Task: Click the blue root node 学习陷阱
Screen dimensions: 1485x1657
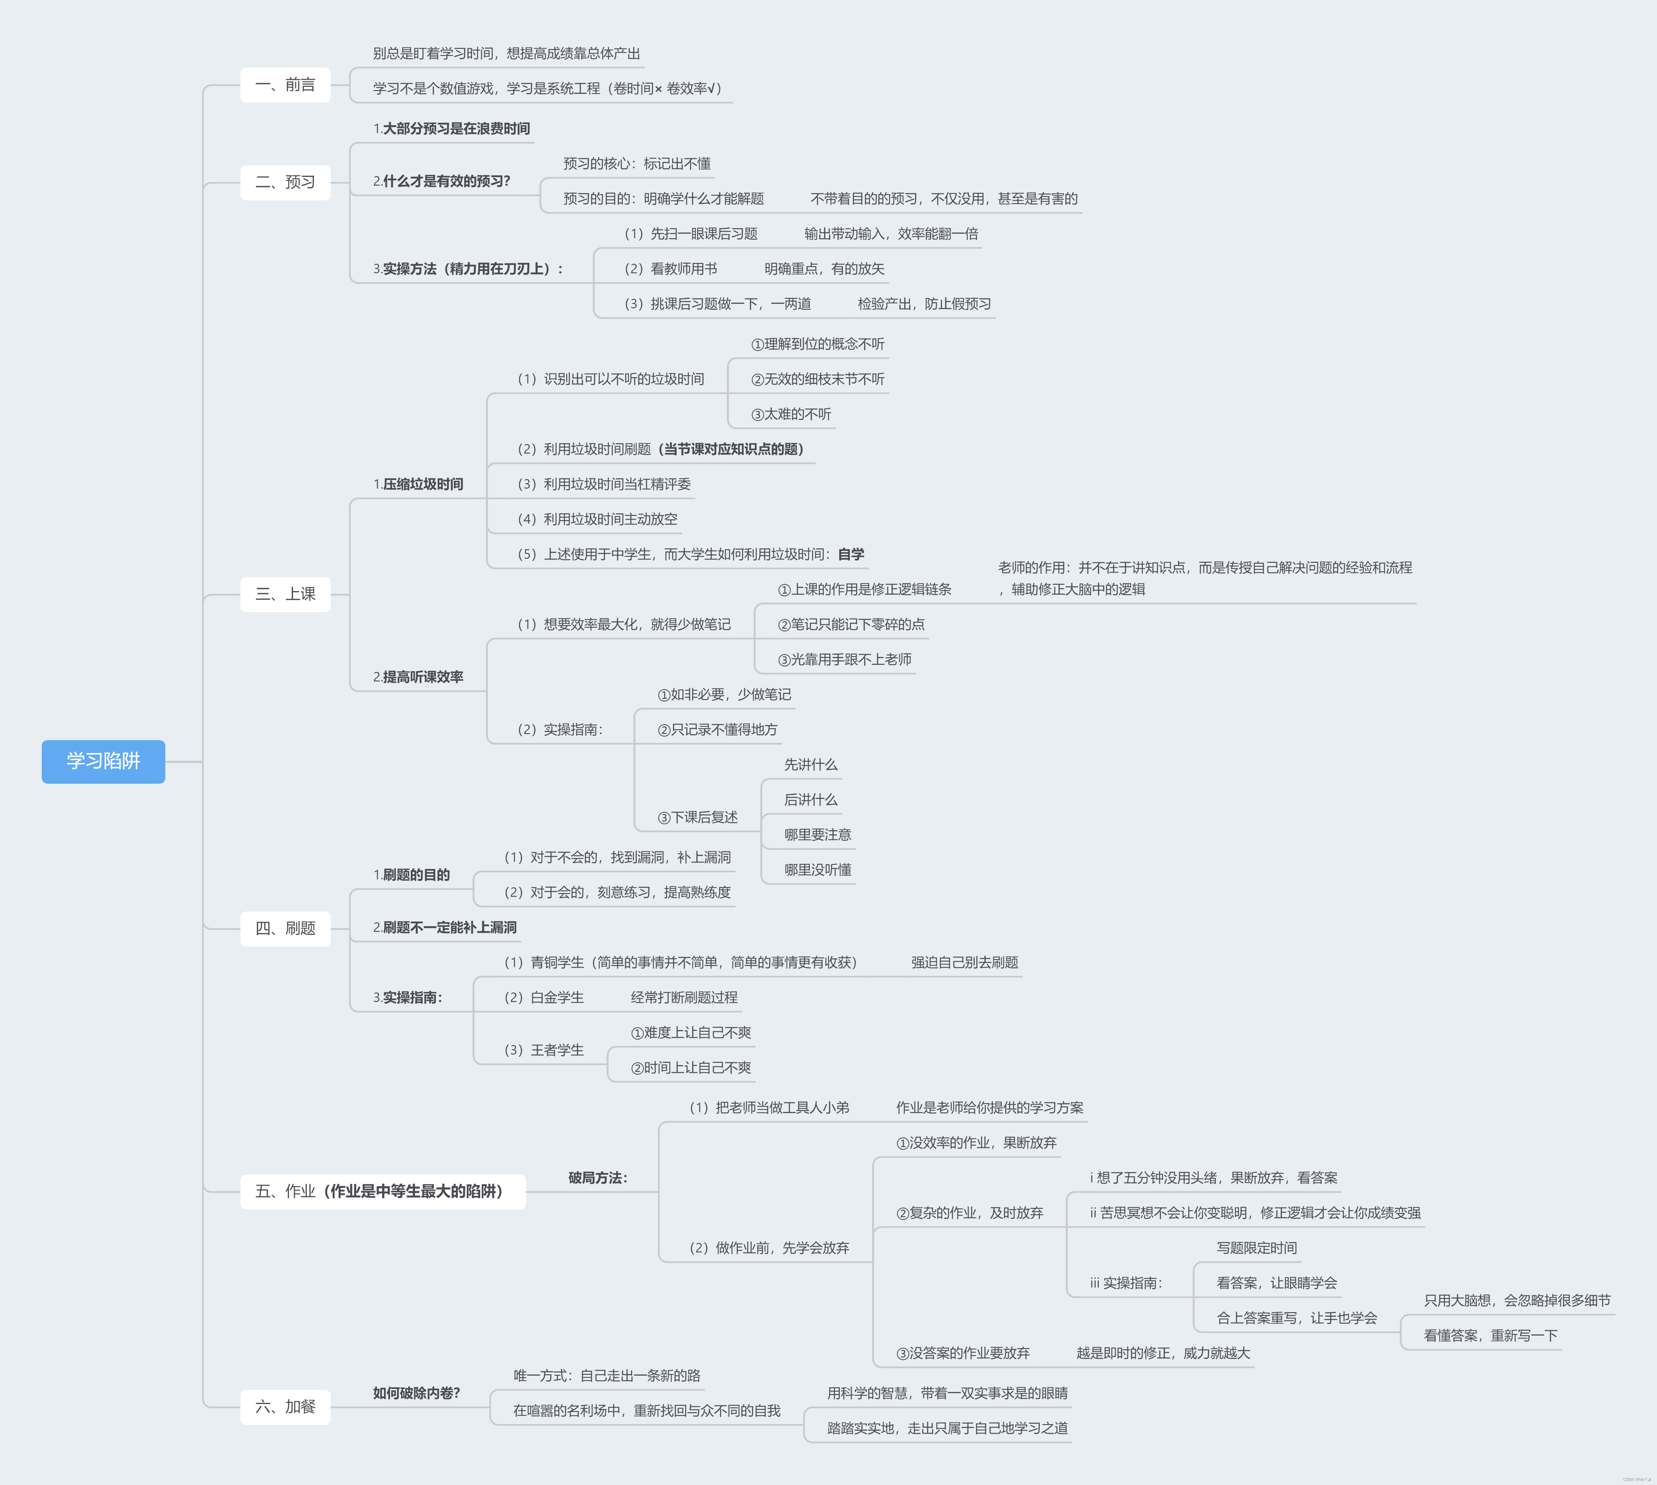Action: point(103,761)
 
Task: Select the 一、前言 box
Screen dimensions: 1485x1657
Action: point(285,85)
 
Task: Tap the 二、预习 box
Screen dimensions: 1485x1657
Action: point(285,182)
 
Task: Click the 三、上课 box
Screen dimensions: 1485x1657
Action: point(285,594)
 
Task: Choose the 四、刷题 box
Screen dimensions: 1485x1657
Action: point(285,929)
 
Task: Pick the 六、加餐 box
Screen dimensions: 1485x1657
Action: point(285,1407)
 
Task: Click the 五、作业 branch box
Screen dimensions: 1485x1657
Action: point(382,1191)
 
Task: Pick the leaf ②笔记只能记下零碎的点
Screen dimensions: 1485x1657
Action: point(850,625)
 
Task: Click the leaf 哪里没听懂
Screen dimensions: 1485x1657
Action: point(817,870)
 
